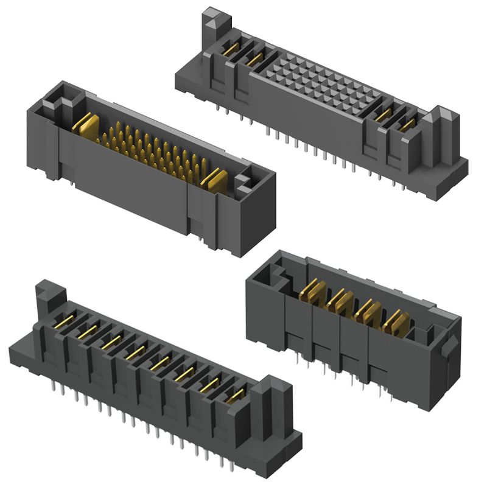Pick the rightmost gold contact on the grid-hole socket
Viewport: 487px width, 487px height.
coord(408,124)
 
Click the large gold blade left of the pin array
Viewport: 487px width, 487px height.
coord(86,125)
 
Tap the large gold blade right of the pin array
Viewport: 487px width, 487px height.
coord(214,179)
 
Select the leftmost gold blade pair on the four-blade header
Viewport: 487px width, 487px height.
coord(311,292)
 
